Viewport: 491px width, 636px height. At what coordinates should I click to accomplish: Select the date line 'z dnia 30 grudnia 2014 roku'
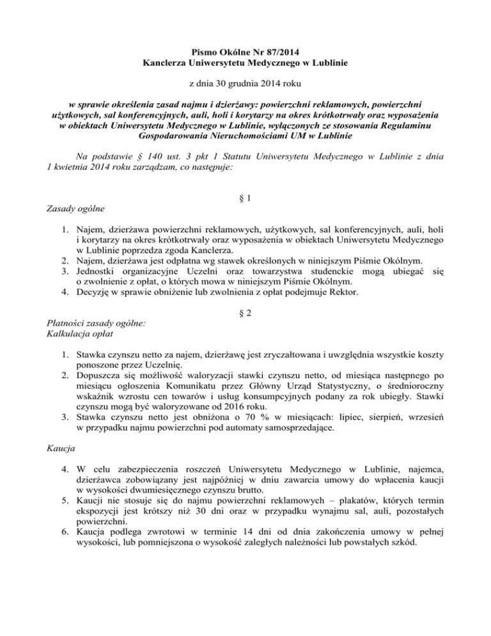tap(245, 84)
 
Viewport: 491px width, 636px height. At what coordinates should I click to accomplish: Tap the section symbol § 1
tap(245, 198)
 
